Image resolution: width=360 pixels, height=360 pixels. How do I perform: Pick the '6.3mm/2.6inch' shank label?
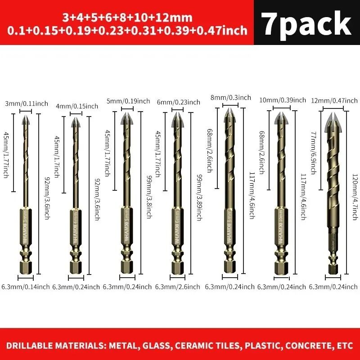tap(178, 286)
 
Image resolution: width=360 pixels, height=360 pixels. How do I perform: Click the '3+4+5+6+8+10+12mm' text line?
tap(127, 18)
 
